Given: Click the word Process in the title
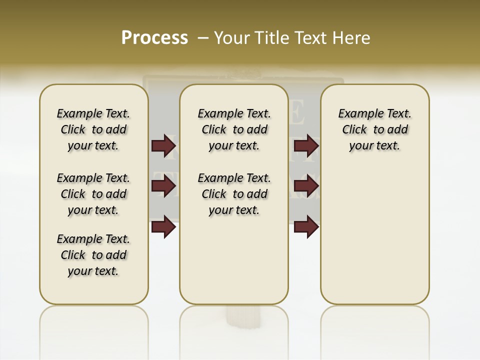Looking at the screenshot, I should (x=154, y=37).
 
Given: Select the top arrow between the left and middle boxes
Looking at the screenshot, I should (x=163, y=145).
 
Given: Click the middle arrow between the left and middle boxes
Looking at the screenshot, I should (x=163, y=186).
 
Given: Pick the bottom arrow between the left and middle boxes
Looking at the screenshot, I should (x=163, y=226).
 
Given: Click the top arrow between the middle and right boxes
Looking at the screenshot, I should (x=306, y=145).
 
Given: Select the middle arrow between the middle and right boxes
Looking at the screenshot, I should (x=306, y=186).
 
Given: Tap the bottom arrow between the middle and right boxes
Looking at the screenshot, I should (x=306, y=226).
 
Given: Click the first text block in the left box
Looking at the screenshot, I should (x=93, y=129).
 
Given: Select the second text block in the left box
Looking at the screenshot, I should (x=93, y=194).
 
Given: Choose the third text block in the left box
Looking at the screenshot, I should (x=93, y=255).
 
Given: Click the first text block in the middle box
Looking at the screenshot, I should (x=234, y=129).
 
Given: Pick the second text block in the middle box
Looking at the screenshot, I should (x=234, y=194).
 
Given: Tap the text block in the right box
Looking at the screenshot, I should (x=374, y=129).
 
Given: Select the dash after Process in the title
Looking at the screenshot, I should (x=202, y=37).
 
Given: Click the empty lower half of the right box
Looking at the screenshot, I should (x=374, y=240).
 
